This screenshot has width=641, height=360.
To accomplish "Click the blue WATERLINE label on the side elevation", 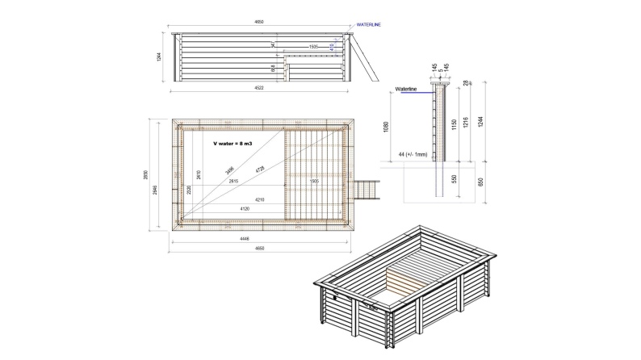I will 369,25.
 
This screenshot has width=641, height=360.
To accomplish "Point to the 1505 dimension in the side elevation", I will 314,48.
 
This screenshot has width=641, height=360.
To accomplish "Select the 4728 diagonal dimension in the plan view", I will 259,170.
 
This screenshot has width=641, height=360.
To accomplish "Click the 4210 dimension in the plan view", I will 260,199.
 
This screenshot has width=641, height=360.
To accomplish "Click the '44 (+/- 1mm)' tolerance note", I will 417,152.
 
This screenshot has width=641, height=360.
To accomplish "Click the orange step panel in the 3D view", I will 397,283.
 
